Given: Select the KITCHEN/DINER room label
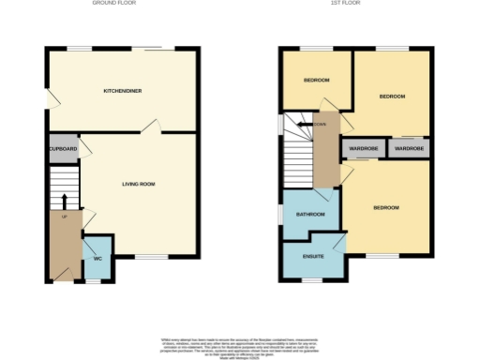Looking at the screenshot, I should [x=123, y=91].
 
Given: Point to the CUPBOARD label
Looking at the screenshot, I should [x=64, y=148].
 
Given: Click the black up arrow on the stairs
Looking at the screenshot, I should [x=64, y=201].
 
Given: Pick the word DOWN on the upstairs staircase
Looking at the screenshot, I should [x=321, y=123].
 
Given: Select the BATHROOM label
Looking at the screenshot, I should [x=310, y=215].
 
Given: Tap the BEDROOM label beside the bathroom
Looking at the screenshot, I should [x=386, y=207].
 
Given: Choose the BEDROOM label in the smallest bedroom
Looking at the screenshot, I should [x=316, y=81].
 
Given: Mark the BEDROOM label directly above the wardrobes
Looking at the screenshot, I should [x=392, y=97].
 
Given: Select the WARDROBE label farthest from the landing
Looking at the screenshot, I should [x=409, y=149].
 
